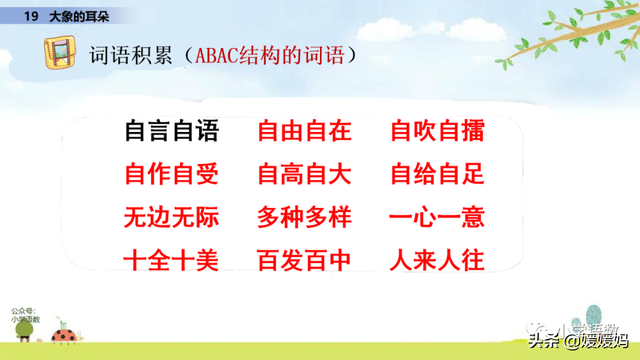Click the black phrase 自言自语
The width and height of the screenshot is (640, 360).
coord(170,132)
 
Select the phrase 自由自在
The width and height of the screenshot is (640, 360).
coord(304,132)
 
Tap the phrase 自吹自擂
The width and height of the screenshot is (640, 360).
coord(437,132)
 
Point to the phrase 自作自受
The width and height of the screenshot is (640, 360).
coord(170,175)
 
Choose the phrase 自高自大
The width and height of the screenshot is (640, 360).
coord(304,175)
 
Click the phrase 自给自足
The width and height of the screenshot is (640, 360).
coord(437,175)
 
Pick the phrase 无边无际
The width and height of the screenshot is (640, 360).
coord(170,218)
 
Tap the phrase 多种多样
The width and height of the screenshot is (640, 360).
coord(304,218)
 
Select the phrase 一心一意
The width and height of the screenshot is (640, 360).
coord(437,218)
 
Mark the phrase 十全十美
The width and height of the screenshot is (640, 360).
coord(170,261)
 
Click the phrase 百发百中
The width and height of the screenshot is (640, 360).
coord(304,261)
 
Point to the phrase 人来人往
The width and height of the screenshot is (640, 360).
coord(437,261)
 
